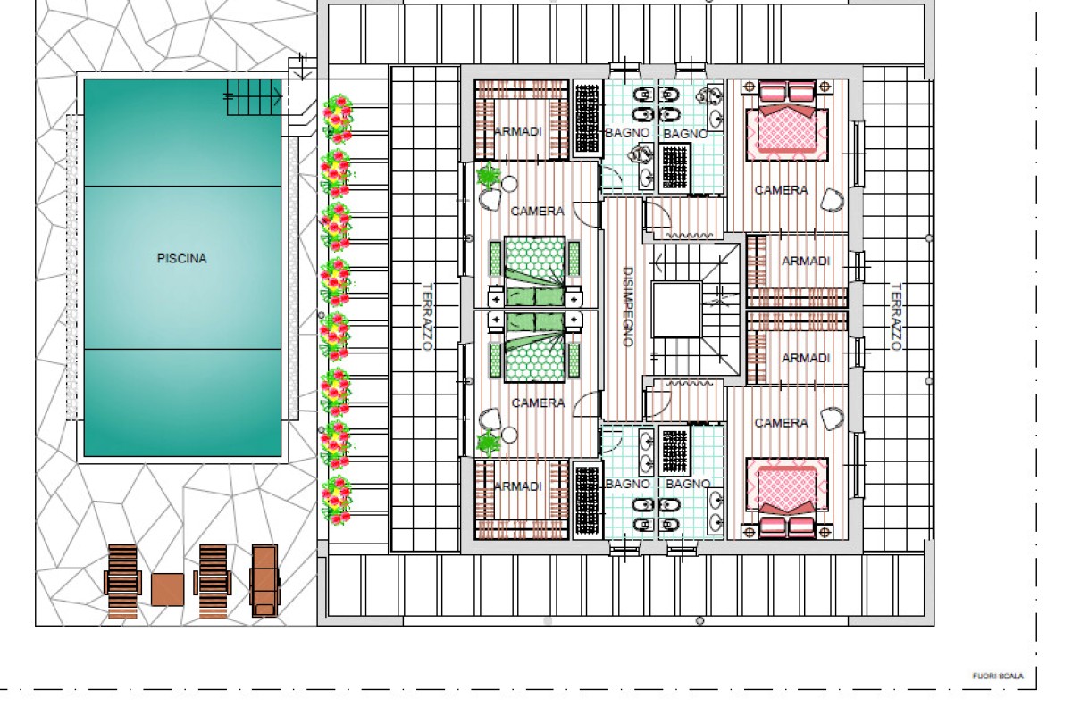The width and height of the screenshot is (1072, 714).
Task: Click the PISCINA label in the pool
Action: coord(182,259)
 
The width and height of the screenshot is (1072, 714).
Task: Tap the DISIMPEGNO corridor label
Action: coord(628,306)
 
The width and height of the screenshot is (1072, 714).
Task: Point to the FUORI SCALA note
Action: coord(998,676)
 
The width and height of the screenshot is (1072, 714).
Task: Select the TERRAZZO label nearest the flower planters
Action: coord(427,317)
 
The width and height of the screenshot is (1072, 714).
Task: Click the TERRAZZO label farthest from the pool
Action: coord(896,317)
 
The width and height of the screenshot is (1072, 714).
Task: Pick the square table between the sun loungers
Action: coord(168,589)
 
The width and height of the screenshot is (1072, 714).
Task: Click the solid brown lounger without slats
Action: coord(264,581)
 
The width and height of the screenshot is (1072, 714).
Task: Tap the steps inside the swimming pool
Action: coord(254,97)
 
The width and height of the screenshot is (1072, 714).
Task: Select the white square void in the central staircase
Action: coord(677,310)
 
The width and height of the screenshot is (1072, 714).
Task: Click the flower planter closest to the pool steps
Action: coord(338,118)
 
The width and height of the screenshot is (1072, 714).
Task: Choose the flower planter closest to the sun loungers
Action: coord(337,500)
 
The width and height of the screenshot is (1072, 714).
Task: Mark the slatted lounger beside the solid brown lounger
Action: coord(213,581)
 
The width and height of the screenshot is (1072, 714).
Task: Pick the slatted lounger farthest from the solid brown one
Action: coord(122,581)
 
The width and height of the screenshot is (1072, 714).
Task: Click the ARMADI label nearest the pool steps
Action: coord(518,131)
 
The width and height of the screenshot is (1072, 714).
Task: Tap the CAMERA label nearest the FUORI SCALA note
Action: coord(781,423)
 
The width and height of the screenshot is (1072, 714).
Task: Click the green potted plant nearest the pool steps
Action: coord(488,175)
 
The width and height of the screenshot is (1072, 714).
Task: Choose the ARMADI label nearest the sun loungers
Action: coord(518,486)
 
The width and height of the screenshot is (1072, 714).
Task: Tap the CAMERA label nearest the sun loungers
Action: coord(538,403)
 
